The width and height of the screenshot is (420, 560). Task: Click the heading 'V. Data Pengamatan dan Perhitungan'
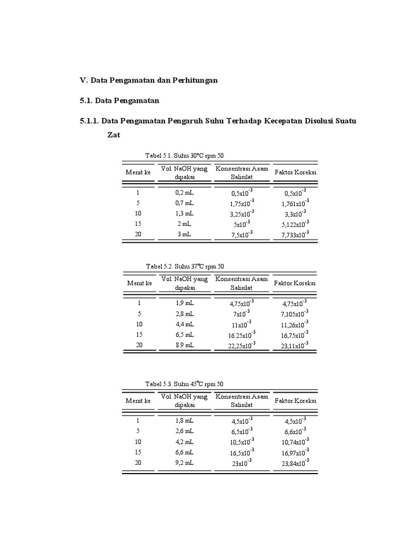(149, 80)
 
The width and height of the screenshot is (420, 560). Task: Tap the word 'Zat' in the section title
(113, 134)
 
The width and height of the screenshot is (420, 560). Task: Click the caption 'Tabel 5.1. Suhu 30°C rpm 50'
(184, 155)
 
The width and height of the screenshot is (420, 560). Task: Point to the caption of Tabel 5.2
(185, 266)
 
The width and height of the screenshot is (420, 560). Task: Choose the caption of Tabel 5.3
(185, 384)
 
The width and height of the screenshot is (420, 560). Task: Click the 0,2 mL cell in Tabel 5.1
(184, 192)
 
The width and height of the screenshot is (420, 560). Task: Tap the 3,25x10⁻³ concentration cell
(241, 214)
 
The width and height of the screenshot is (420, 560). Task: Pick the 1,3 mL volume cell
(184, 213)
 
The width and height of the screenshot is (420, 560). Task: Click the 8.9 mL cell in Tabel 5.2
(184, 345)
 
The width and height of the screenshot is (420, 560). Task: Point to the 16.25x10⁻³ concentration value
(241, 335)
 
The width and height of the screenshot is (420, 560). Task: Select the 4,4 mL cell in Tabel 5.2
(184, 324)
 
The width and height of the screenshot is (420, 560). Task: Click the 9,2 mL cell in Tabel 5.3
(184, 462)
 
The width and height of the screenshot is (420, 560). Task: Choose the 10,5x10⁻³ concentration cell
(241, 441)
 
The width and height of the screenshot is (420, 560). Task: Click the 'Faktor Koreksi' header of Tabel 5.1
(295, 172)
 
